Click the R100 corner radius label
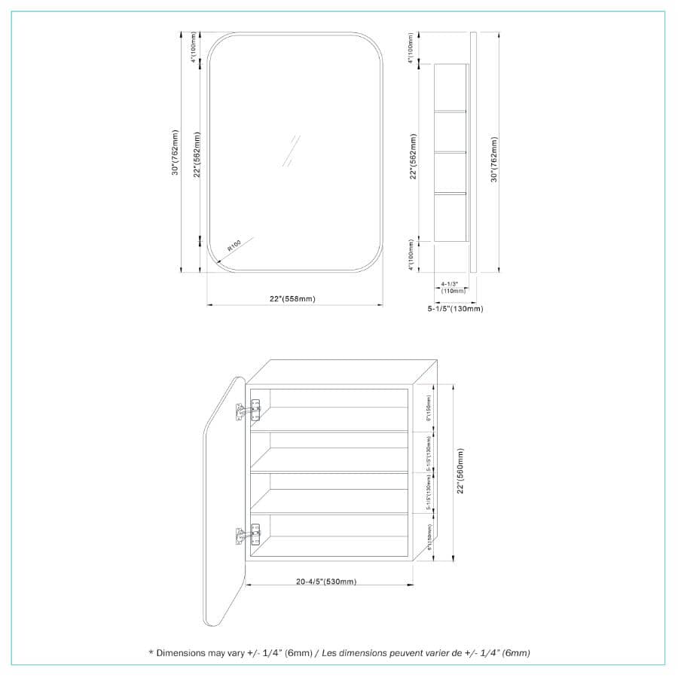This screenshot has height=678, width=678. click(x=234, y=246)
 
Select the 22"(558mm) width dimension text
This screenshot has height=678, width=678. click(x=292, y=299)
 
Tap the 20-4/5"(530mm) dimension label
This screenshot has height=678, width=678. click(x=325, y=581)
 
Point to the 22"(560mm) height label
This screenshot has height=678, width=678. click(x=460, y=472)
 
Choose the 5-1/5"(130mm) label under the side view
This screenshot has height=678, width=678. click(x=456, y=309)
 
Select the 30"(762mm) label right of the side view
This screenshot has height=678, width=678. click(x=493, y=159)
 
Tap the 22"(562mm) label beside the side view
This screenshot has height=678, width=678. click(x=413, y=157)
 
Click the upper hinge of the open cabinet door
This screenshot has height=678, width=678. click(x=249, y=410)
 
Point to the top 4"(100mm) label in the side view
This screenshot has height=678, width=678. click(x=411, y=48)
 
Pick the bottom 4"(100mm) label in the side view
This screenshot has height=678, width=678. click(x=411, y=256)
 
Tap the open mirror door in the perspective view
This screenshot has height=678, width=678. click(x=225, y=497)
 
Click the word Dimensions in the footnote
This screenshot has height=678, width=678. click(x=180, y=653)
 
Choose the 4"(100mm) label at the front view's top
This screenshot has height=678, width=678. click(x=194, y=47)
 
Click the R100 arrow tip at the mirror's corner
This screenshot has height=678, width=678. click(x=216, y=264)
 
